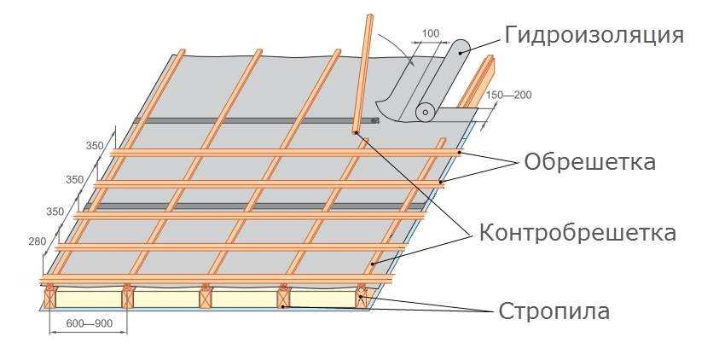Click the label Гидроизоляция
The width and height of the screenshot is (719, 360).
[594, 36]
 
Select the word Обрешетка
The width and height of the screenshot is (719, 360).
[589, 161]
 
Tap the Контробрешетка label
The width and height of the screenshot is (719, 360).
[577, 232]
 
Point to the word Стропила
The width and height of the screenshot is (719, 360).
[554, 311]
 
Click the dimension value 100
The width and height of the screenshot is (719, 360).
[431, 33]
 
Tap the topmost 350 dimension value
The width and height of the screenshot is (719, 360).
[94, 146]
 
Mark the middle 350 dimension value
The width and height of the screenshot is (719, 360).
[74, 180]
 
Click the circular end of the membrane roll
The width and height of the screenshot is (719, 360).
[424, 112]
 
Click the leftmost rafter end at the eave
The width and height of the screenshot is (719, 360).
[50, 297]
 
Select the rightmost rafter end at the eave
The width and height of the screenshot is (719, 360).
[362, 296]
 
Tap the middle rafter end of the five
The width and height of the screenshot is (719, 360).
[206, 297]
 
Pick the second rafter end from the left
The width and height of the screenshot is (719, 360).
[128, 297]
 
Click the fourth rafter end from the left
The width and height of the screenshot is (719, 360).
[283, 297]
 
